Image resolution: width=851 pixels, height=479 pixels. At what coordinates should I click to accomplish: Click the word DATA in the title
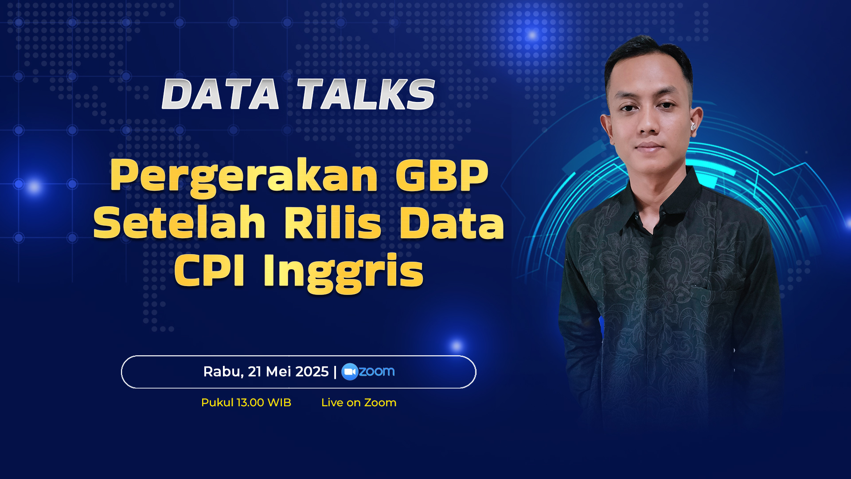(x=221, y=94)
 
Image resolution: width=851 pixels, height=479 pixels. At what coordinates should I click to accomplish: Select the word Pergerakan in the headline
(x=244, y=177)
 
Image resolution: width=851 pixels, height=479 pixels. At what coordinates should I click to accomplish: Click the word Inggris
(x=344, y=272)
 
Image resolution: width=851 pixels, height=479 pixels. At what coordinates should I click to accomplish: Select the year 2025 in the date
(x=312, y=372)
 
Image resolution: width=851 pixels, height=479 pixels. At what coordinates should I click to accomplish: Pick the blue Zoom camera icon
(x=350, y=372)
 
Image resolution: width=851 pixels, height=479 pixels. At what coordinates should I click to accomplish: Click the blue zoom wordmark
(x=377, y=371)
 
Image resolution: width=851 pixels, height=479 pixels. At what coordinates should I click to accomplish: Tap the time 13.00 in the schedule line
(x=250, y=403)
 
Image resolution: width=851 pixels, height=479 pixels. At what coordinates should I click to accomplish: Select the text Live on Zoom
(x=359, y=403)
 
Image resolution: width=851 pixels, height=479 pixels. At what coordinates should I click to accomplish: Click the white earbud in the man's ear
(x=693, y=126)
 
